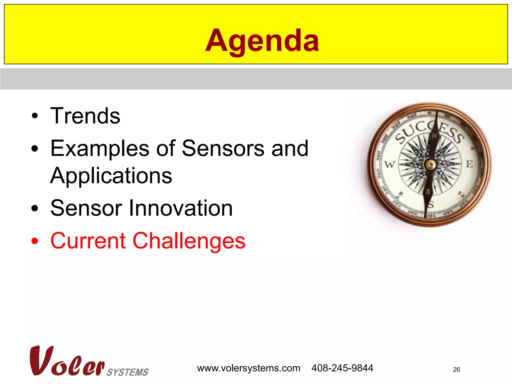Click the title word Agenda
coord(262,40)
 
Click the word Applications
coord(111,176)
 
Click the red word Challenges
coord(189,241)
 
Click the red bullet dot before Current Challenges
coord(35,241)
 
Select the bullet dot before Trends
coord(35,116)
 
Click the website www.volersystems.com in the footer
coord(248,368)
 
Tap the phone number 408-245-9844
coord(342,368)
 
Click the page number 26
coord(456,369)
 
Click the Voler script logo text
coord(67,361)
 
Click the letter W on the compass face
coord(389,164)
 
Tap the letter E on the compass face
coord(469,164)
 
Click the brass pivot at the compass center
coord(430,164)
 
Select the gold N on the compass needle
coord(434,136)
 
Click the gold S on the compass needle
coord(427,192)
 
